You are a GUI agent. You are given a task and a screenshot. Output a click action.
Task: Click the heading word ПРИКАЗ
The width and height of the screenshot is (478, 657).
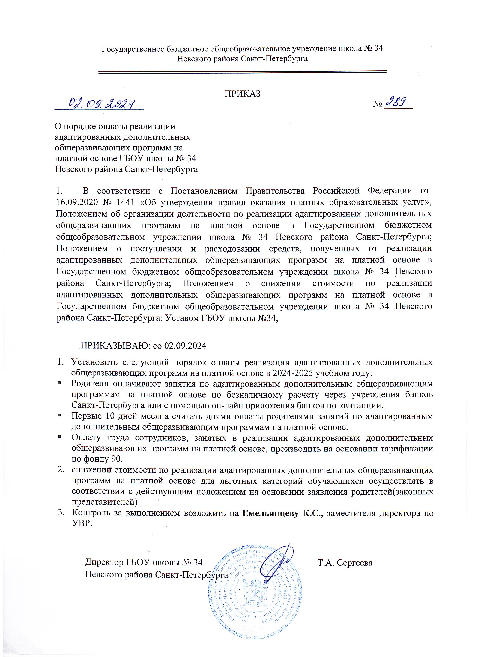(x=243, y=94)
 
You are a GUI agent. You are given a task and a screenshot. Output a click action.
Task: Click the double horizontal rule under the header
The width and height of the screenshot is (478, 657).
(x=243, y=72)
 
